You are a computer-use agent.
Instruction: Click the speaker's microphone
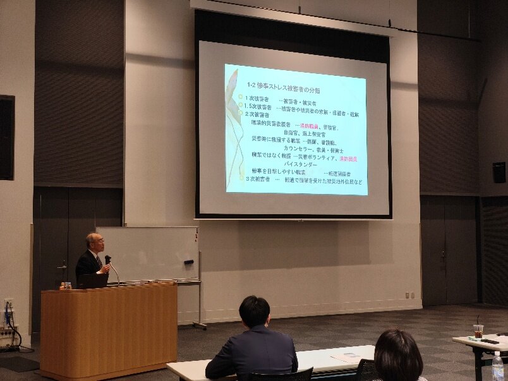tap(108, 259)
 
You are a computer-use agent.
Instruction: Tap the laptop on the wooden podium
tap(94, 281)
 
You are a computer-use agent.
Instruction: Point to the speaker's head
tap(95, 242)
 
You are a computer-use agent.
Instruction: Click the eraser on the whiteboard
tap(188, 262)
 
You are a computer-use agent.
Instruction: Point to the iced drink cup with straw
tap(478, 330)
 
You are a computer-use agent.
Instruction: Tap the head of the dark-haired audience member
tap(398, 354)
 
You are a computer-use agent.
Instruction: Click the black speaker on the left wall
tap(7, 137)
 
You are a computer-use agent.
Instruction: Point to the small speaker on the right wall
tap(499, 172)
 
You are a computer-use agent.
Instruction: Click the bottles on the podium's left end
tap(65, 286)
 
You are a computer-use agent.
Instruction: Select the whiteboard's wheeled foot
tap(200, 325)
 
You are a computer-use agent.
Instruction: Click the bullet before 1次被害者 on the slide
tap(240, 97)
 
